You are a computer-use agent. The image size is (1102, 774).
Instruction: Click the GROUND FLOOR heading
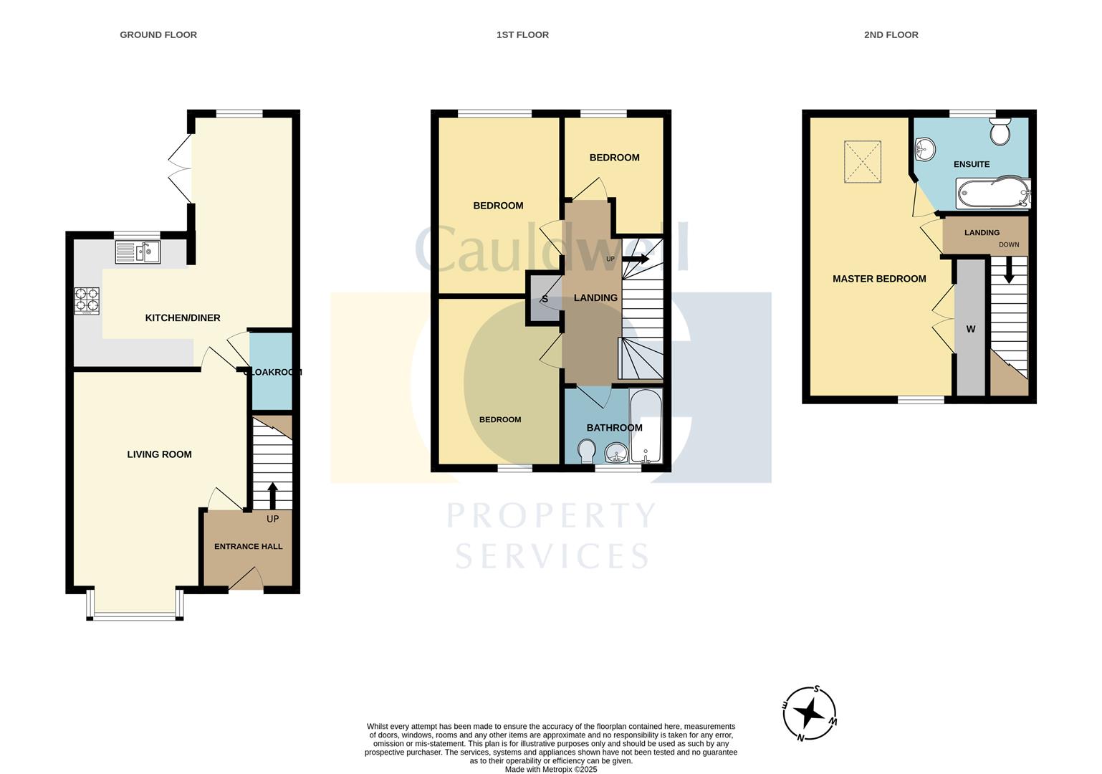[x=158, y=34]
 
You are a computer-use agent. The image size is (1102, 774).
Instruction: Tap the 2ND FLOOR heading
[x=891, y=34]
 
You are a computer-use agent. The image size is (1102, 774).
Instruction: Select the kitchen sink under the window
[x=138, y=252]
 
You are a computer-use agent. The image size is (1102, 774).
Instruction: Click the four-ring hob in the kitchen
[x=87, y=300]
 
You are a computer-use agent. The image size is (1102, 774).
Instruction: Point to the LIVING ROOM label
[x=159, y=454]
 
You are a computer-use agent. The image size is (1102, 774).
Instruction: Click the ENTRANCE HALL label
[x=248, y=546]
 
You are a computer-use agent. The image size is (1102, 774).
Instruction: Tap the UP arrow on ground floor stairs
[x=272, y=494]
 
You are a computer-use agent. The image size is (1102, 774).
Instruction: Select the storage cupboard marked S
[x=544, y=299]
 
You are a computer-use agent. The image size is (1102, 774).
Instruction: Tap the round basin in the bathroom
[x=615, y=453]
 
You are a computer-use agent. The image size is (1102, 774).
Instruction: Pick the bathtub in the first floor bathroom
[x=646, y=426]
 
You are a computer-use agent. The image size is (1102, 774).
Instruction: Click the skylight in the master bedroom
[x=862, y=161]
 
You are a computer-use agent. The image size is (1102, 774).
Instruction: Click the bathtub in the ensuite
[x=993, y=192]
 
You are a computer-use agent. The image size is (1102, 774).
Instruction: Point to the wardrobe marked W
[x=971, y=328]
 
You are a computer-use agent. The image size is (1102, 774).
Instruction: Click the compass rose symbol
[x=810, y=713]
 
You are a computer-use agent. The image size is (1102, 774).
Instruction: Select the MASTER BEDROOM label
[x=879, y=279]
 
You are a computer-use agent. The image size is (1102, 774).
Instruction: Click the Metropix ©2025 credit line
[x=550, y=769]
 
